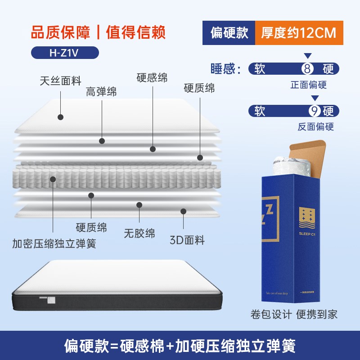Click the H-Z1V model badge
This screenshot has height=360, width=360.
[65, 52]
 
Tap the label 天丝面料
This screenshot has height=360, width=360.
[60, 81]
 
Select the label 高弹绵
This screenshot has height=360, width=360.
[101, 92]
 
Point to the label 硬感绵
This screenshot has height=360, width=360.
[152, 77]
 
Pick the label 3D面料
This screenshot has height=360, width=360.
[187, 240]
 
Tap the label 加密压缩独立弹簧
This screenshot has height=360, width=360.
[54, 244]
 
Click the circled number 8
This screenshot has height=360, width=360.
[307, 69]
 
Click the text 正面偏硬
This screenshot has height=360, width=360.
[309, 85]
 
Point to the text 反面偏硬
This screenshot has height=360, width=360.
[316, 126]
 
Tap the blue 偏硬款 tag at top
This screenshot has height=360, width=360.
[229, 33]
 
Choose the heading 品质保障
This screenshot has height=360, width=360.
[61, 32]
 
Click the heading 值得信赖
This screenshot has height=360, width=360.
[136, 32]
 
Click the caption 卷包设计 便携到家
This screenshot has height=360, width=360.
[294, 314]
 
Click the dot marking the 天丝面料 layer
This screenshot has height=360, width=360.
[60, 117]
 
